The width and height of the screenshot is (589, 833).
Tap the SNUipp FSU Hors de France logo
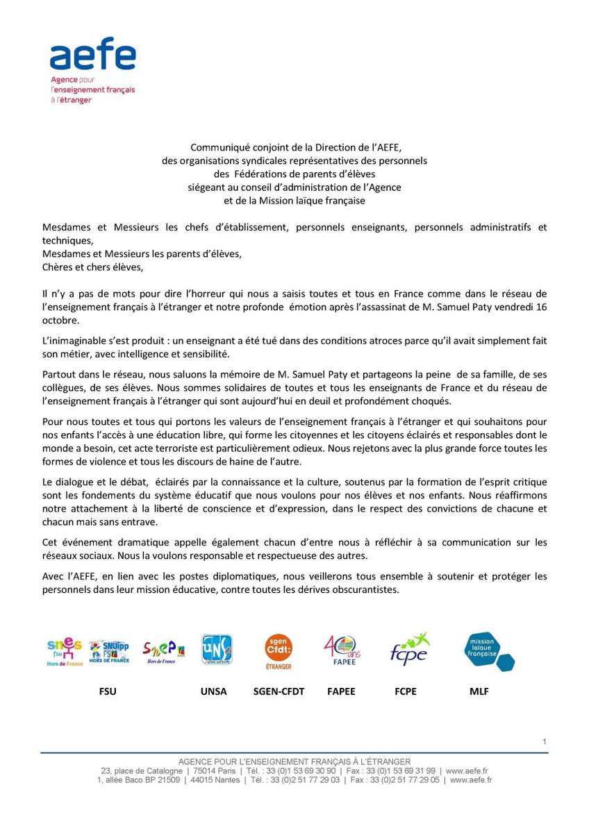click(110, 651)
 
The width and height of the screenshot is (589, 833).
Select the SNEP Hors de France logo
click(163, 651)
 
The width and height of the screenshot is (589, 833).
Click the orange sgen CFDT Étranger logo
click(278, 651)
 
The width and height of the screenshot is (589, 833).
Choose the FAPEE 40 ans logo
click(342, 651)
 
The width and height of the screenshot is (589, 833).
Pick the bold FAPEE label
click(341, 691)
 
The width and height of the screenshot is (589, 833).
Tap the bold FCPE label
click(405, 691)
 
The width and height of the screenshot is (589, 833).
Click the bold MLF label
click(479, 691)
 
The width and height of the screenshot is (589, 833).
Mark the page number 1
click(545, 742)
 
